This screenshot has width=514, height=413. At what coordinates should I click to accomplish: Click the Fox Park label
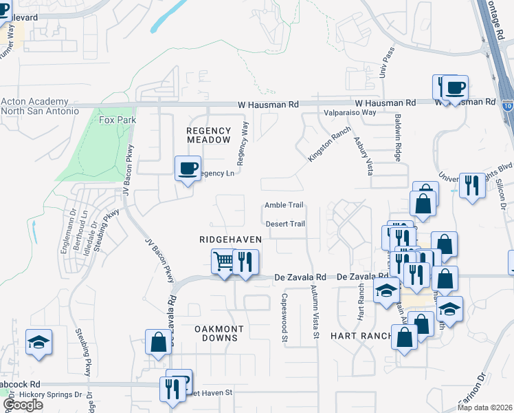pos(118,120)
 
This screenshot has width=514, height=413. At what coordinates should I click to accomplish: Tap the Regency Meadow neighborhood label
pos(209,134)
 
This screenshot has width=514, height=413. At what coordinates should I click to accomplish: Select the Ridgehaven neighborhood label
pos(230,239)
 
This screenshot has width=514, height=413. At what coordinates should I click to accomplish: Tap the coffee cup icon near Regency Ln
pos(188,169)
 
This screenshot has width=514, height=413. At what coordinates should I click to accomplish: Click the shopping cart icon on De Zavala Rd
pos(223,262)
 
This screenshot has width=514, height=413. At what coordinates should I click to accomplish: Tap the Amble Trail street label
pos(284,205)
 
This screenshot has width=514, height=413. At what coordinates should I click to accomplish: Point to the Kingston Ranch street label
pos(324,144)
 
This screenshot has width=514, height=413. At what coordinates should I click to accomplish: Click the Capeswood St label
pos(284,317)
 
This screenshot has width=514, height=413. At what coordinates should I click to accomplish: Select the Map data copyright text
pos(485,407)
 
